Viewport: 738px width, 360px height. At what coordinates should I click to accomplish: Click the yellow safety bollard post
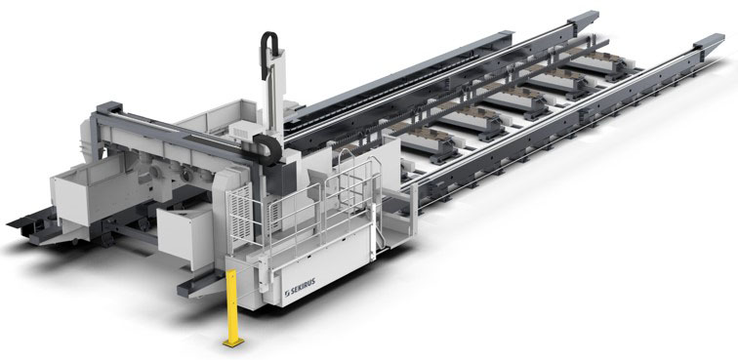231,305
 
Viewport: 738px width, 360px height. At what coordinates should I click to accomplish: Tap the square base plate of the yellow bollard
233,342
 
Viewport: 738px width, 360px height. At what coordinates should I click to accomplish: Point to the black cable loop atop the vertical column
268,53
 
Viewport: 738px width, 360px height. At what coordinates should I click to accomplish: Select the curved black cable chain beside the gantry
269,148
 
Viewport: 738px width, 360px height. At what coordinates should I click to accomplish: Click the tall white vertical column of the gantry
276,94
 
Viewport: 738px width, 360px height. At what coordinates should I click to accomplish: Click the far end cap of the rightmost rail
710,41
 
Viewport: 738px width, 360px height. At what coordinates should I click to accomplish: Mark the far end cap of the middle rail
583,19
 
